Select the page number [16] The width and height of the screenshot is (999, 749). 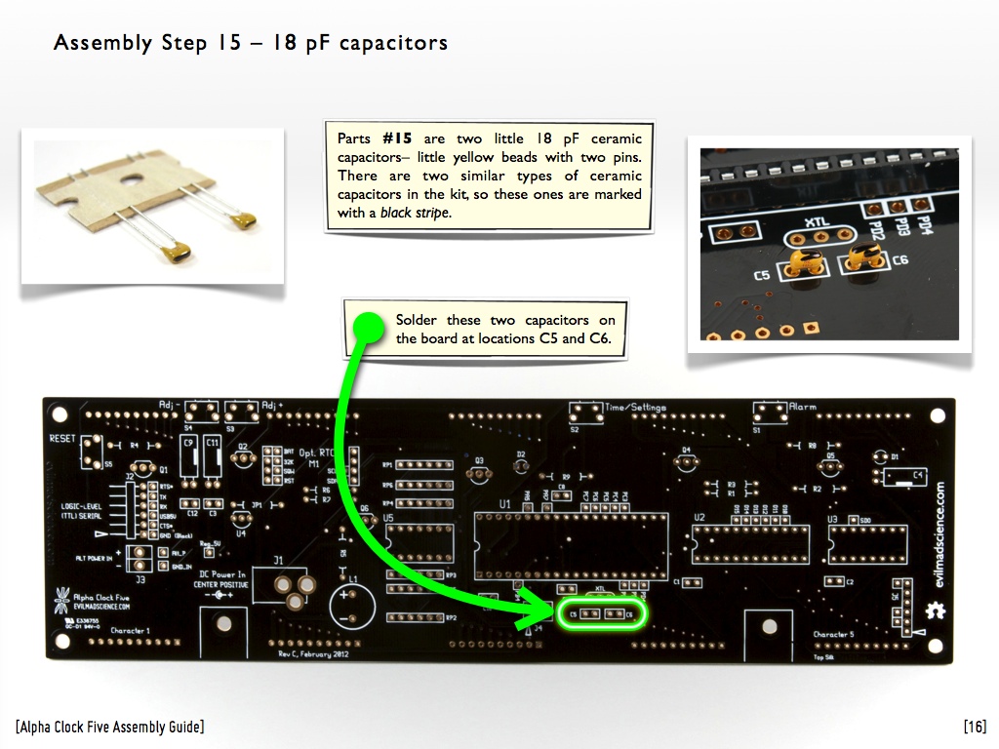click(x=974, y=727)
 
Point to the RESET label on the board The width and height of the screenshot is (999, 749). click(x=61, y=440)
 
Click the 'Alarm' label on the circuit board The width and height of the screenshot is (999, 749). click(x=803, y=407)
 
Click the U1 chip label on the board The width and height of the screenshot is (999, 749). click(x=504, y=503)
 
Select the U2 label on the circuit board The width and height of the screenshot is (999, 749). click(x=699, y=517)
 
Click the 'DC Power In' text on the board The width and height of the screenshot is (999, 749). click(x=222, y=574)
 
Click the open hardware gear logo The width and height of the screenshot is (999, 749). click(x=935, y=611)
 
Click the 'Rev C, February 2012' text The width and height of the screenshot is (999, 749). click(x=312, y=653)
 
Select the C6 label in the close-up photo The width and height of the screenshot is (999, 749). click(x=899, y=259)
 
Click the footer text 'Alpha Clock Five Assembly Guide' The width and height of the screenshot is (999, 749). click(x=110, y=727)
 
